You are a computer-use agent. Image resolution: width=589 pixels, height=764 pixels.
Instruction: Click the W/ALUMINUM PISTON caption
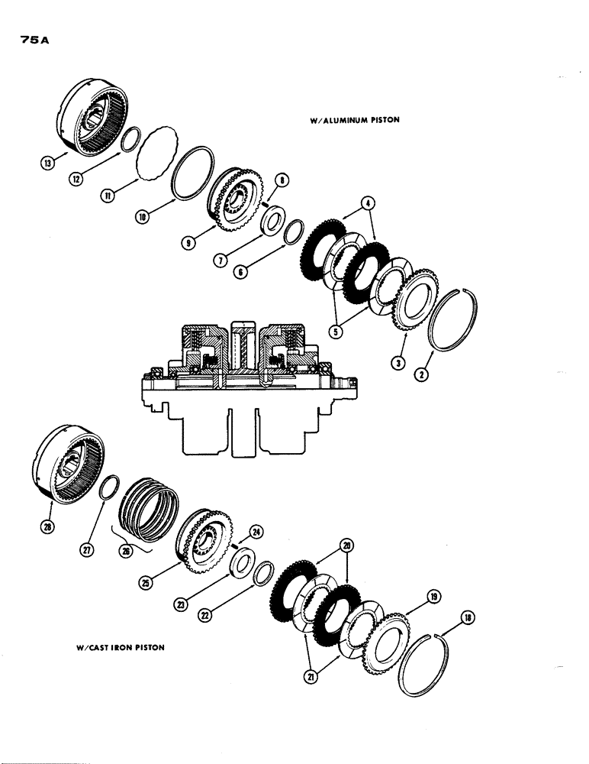click(355, 120)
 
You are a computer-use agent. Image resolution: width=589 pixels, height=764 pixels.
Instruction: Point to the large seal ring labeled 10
click(188, 173)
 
